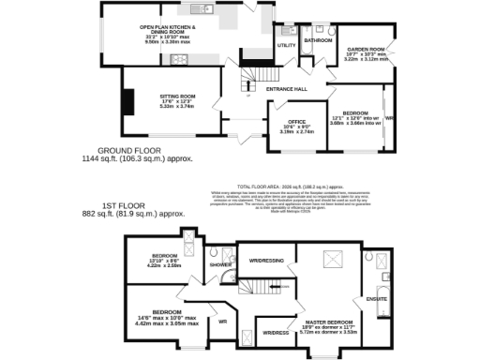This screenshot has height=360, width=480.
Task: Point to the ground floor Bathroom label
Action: (x=319, y=41)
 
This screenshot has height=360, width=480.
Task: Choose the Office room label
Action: (x=298, y=122)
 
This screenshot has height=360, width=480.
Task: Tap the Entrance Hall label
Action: (x=287, y=89)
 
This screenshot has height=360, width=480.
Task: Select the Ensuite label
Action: (x=374, y=300)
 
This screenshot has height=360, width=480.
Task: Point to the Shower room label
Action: (x=220, y=264)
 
